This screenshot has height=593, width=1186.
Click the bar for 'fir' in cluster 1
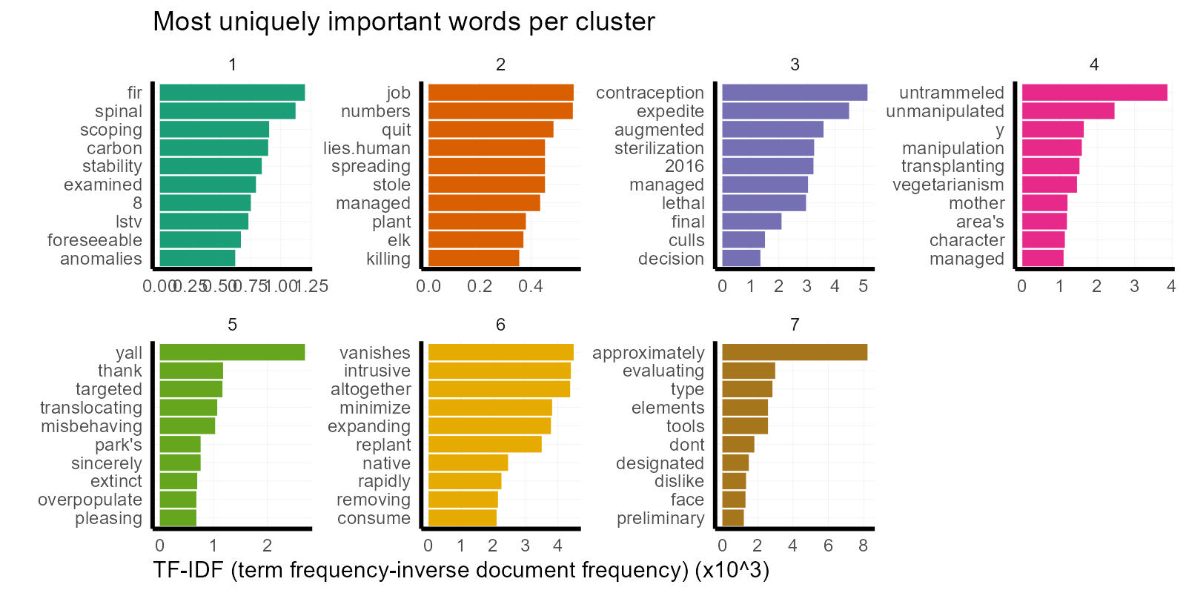[x=232, y=93]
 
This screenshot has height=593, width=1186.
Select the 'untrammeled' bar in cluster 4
[x=1094, y=93]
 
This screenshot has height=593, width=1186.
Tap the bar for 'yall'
[x=232, y=353]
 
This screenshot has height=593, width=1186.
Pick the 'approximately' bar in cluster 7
[x=795, y=353]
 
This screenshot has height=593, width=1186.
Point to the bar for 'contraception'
[x=795, y=93]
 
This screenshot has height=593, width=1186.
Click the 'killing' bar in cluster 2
[x=474, y=259]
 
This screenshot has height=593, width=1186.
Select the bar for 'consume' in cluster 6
[x=463, y=518]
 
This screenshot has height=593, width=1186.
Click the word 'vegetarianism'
[x=948, y=185]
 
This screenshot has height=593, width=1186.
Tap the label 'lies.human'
[x=366, y=148]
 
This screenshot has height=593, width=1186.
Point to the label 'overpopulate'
[x=90, y=500]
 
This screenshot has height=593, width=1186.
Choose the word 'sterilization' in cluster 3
[x=659, y=148]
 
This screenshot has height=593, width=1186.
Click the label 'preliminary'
[x=660, y=518]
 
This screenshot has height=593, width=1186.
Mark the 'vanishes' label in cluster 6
[x=374, y=353]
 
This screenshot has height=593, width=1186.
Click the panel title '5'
[x=232, y=325]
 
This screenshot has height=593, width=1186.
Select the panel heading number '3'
[x=795, y=64]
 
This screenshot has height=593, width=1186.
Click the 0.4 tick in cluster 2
[x=531, y=286]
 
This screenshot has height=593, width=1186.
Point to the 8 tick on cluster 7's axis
[x=863, y=546]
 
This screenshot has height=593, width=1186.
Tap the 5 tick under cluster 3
[x=863, y=286]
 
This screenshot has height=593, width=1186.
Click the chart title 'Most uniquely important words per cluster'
[x=403, y=21]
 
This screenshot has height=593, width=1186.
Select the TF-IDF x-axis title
[x=461, y=570]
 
